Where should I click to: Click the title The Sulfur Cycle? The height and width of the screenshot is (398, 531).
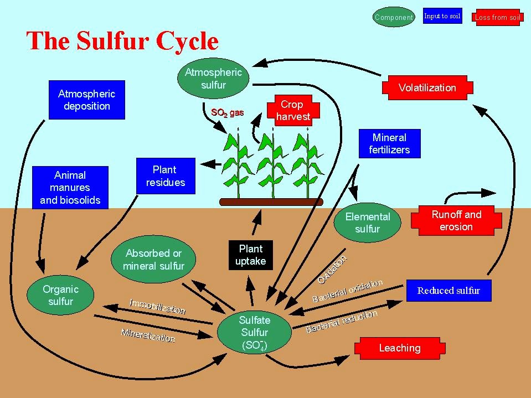coord(122,42)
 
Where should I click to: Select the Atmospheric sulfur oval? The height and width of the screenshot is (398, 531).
coord(213,79)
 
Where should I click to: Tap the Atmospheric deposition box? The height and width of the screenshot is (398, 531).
coord(86,100)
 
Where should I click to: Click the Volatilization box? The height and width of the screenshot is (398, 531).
coord(427,88)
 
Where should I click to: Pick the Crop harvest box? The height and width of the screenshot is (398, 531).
coord(292,110)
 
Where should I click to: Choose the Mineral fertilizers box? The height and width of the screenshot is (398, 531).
coord(389,144)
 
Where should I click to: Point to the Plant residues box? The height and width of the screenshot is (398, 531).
coord(166,176)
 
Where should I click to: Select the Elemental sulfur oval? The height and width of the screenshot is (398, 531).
coord(368,223)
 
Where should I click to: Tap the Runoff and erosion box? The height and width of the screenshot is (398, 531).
coord(456,220)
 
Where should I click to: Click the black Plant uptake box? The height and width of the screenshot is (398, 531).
coord(251,255)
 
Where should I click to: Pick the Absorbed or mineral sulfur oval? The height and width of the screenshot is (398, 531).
coord(153,259)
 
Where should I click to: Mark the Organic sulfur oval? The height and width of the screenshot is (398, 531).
coord(60,295)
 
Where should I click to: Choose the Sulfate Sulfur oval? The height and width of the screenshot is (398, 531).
coord(254,333)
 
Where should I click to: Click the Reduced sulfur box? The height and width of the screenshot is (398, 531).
coord(448,291)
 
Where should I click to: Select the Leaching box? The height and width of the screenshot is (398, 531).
coord(399,348)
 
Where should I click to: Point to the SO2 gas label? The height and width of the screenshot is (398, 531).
coord(227,113)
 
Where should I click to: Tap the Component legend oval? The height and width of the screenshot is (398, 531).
coord(394,17)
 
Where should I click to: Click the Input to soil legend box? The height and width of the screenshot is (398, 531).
coord(442,16)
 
